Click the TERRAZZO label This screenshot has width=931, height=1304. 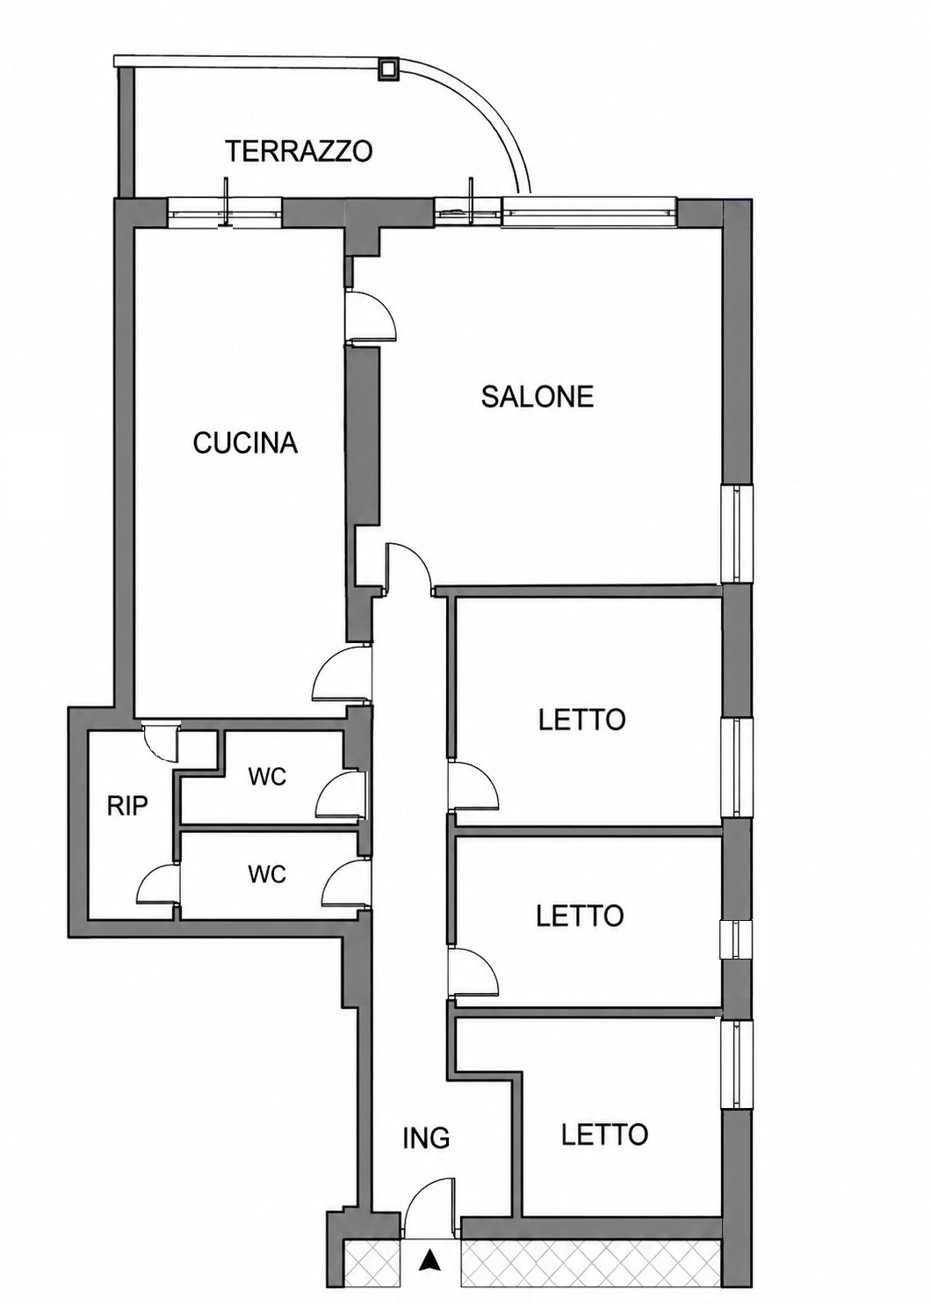(299, 151)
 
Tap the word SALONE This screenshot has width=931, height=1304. (537, 396)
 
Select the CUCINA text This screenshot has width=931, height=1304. (245, 443)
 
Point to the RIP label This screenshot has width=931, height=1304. (127, 807)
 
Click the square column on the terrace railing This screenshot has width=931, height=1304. (388, 69)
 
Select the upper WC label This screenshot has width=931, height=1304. (267, 777)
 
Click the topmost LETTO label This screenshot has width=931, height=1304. (581, 720)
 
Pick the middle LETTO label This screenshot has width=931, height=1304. (581, 915)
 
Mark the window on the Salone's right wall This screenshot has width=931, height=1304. (737, 532)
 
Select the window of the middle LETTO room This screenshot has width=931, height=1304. (736, 939)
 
